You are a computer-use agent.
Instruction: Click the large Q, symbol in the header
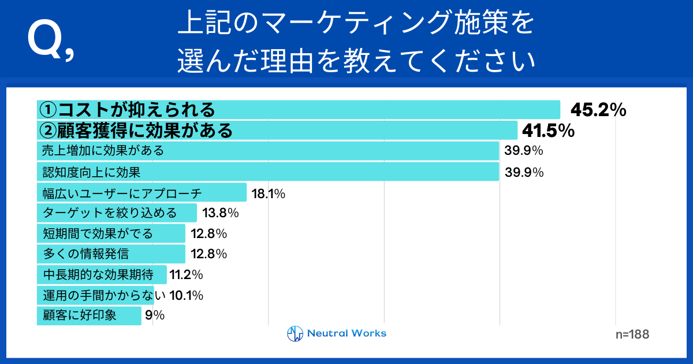click(x=50, y=42)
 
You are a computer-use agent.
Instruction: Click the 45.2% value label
click(x=598, y=110)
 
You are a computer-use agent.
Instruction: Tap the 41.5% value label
click(x=547, y=131)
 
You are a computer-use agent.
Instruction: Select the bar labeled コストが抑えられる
click(x=299, y=110)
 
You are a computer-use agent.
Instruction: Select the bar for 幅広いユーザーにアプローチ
click(x=142, y=193)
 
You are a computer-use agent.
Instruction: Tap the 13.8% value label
click(x=221, y=213)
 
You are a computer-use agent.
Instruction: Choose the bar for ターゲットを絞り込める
click(x=117, y=213)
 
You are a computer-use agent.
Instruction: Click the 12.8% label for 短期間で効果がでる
click(x=208, y=234)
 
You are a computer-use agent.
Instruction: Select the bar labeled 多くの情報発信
click(x=111, y=254)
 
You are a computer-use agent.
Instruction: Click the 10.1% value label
click(x=186, y=296)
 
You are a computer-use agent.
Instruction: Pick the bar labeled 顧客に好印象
click(x=89, y=315)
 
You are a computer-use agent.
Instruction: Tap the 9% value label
click(x=155, y=315)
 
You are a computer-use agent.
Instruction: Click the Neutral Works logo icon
click(x=295, y=334)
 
